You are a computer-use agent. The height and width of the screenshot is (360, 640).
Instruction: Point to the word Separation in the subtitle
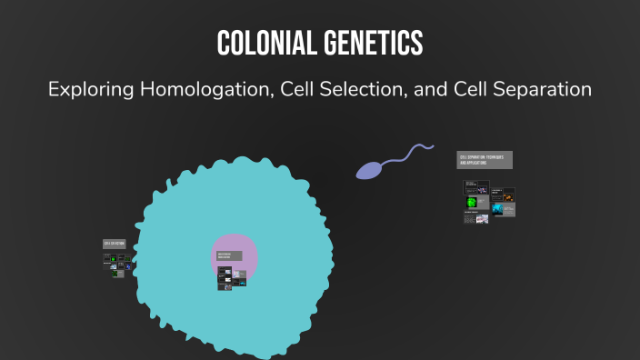pos(540,90)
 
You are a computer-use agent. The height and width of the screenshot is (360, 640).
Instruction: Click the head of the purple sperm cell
pos(367,170)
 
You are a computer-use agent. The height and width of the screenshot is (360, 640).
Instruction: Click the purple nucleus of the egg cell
pos(235,245)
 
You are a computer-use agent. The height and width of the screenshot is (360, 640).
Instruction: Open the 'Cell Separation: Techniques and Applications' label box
pos(485,160)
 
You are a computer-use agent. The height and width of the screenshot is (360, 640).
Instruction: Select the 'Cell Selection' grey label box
pos(114,245)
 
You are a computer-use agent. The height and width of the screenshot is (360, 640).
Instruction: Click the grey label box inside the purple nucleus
pos(230,256)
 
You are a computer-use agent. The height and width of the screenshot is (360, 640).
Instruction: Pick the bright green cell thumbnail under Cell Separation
pos(471,201)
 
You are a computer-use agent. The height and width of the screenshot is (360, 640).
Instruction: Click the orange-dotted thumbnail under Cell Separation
pos(507,195)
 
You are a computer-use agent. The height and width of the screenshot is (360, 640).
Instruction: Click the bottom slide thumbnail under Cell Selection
pos(118,274)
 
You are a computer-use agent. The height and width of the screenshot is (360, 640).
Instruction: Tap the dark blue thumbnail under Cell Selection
pos(127,266)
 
